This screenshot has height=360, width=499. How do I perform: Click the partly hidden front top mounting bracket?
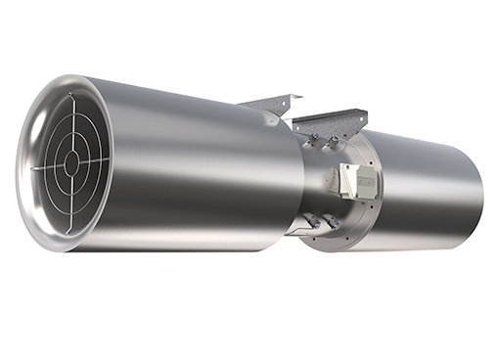(x=269, y=104)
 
